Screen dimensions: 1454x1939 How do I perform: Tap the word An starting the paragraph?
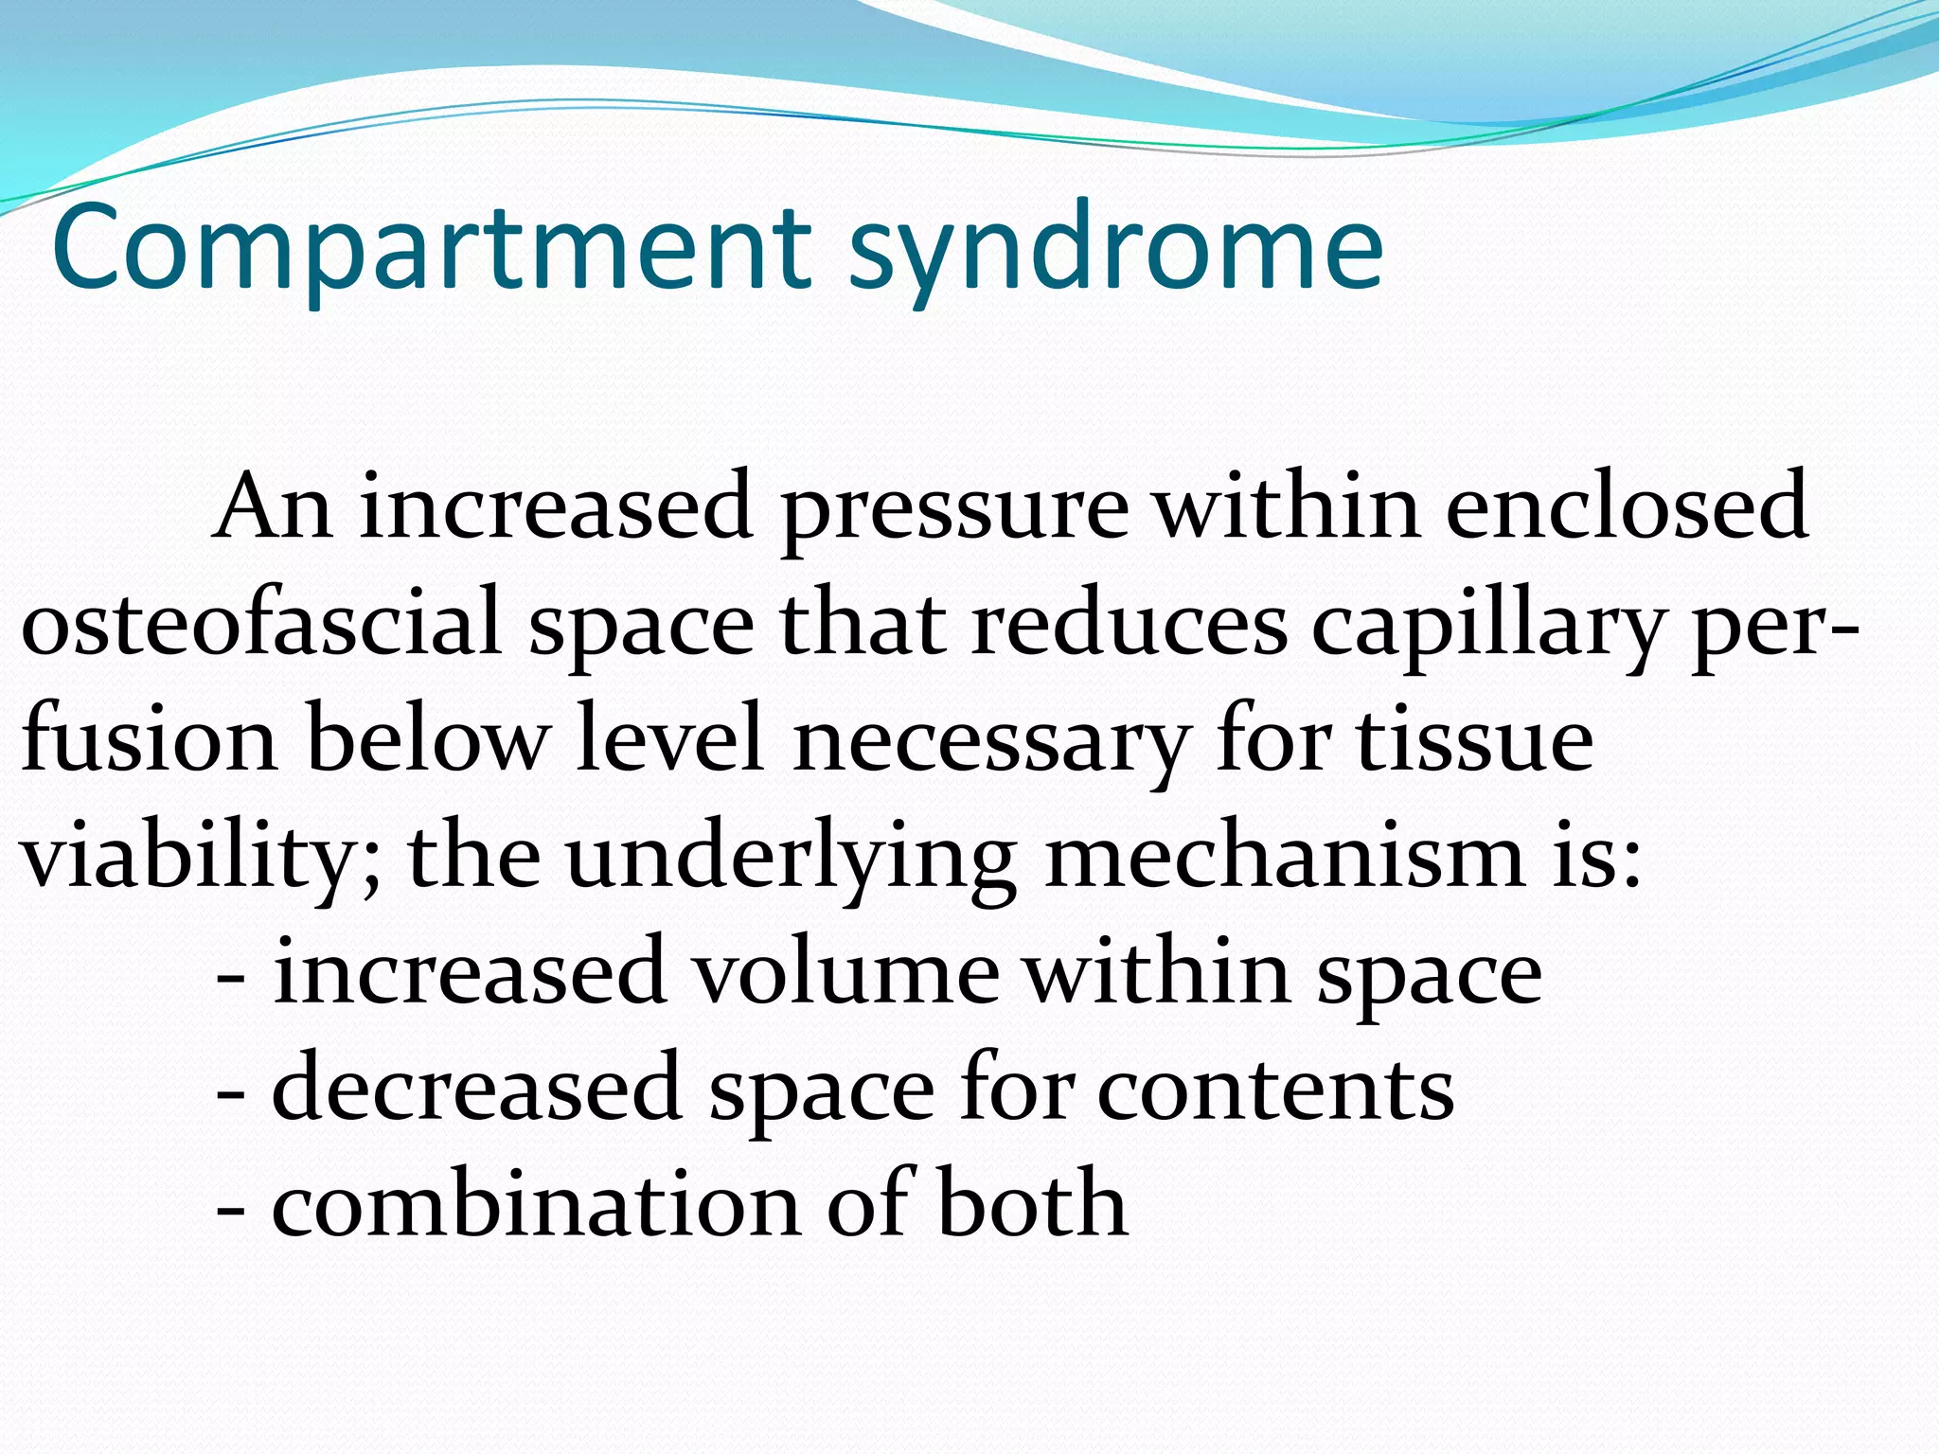point(273,507)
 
